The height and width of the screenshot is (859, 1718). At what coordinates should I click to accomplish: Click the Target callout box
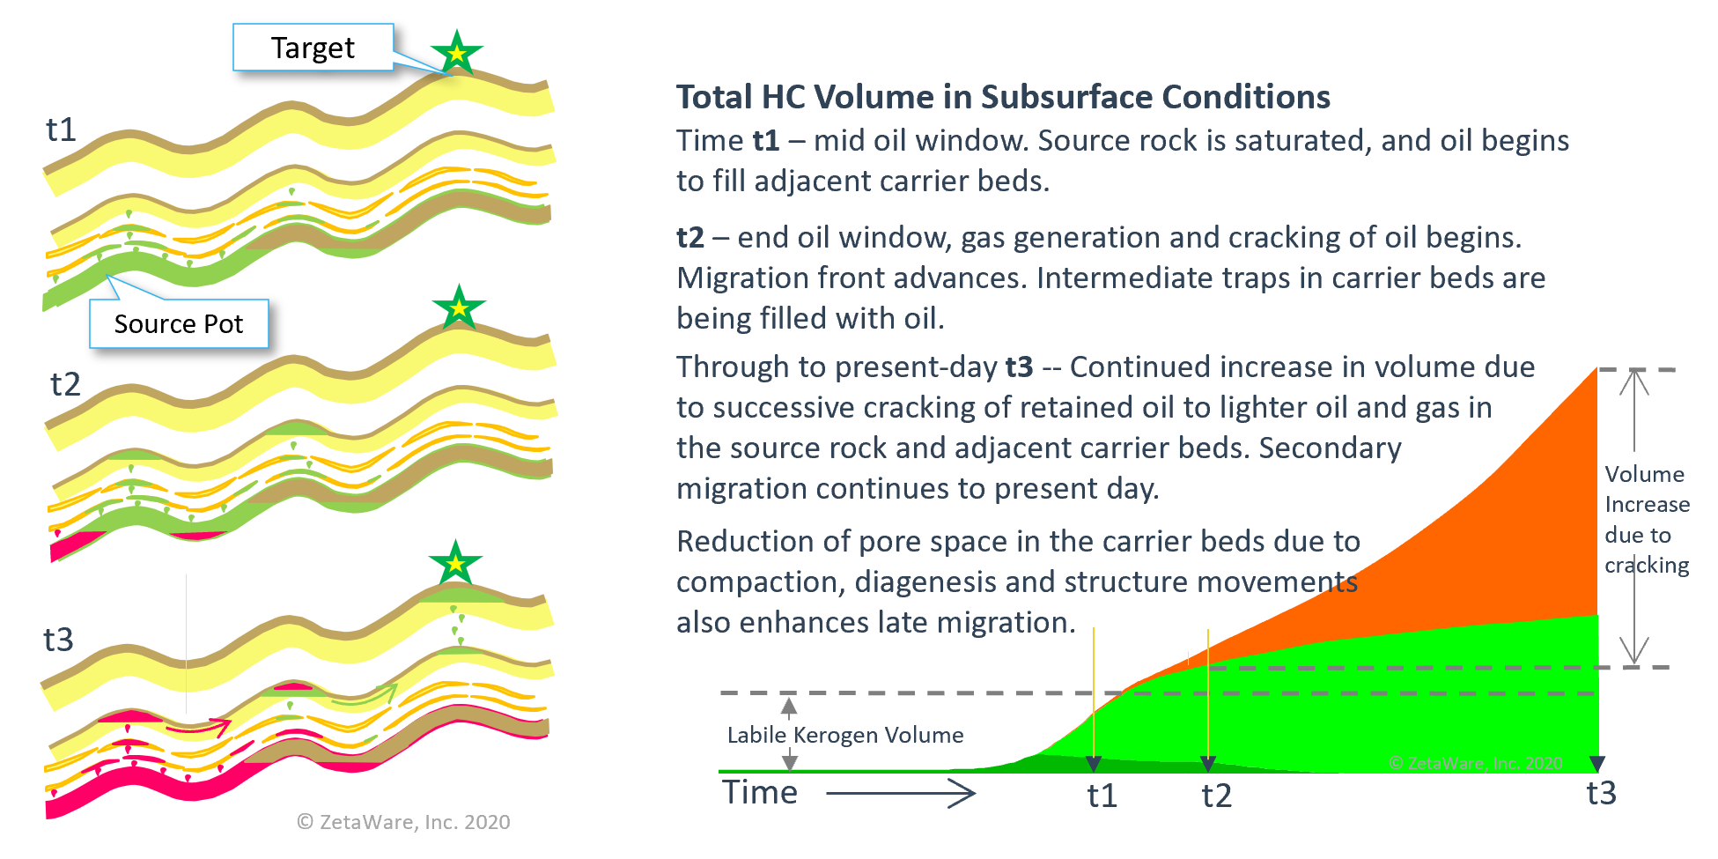(313, 48)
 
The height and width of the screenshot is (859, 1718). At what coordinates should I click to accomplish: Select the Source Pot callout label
(179, 324)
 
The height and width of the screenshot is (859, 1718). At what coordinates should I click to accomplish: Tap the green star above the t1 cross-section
(456, 53)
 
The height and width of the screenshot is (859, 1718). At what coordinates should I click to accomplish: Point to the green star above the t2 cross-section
(459, 307)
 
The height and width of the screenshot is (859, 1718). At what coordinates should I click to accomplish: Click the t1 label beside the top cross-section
(62, 130)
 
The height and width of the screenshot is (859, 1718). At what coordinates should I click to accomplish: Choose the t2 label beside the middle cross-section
(66, 384)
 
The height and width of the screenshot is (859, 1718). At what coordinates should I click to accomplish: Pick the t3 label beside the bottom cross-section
(59, 640)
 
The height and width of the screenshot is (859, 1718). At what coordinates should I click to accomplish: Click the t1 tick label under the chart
(1102, 796)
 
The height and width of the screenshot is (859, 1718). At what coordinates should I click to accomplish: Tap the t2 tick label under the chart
(1217, 796)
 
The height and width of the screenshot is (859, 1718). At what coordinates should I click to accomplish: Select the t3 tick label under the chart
(1602, 793)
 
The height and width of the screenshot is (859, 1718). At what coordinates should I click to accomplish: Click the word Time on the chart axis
(760, 792)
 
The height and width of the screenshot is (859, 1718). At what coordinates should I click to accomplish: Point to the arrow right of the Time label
(900, 794)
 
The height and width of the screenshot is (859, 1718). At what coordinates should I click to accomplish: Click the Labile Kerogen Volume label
(845, 735)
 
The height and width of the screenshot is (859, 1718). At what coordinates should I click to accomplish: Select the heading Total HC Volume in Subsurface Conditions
(1003, 97)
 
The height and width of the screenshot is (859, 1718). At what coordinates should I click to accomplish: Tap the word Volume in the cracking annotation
(1644, 474)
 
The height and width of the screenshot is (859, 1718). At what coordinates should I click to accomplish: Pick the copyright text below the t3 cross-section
(403, 822)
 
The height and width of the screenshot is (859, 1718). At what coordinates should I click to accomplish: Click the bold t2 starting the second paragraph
(690, 238)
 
